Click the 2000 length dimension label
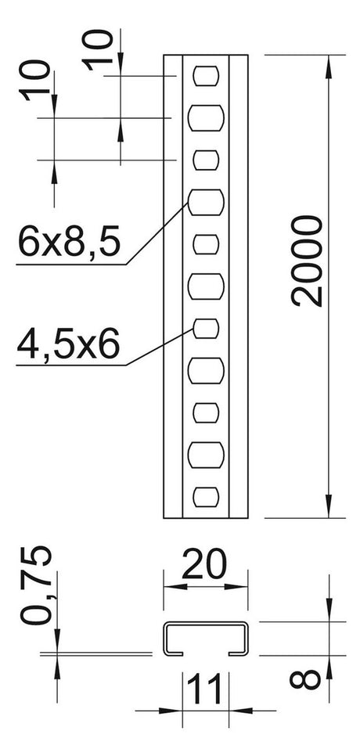click(x=307, y=261)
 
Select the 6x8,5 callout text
click(x=68, y=242)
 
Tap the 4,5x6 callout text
click(x=68, y=344)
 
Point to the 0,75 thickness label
click(x=36, y=586)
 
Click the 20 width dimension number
click(x=203, y=563)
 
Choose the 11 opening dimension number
click(x=205, y=689)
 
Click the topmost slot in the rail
click(x=207, y=76)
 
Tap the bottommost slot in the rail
click(x=207, y=497)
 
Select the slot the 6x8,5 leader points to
click(x=207, y=202)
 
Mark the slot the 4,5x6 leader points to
click(x=207, y=329)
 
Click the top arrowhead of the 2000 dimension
click(x=329, y=67)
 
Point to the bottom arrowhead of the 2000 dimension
click(x=329, y=506)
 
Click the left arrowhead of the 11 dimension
click(x=171, y=710)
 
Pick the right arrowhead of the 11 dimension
click(x=241, y=710)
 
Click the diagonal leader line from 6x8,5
click(x=157, y=233)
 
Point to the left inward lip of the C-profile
click(x=174, y=653)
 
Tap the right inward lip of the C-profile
click(x=239, y=653)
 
